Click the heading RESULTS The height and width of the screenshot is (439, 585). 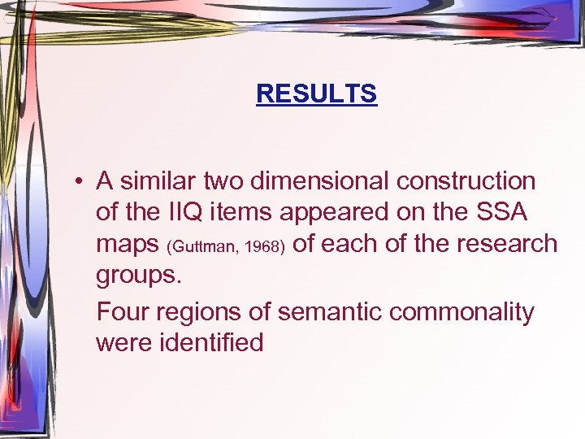click(x=316, y=94)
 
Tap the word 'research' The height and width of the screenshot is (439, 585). click(x=506, y=244)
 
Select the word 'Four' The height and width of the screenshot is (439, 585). click(x=122, y=311)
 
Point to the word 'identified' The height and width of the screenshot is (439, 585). click(x=215, y=342)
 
